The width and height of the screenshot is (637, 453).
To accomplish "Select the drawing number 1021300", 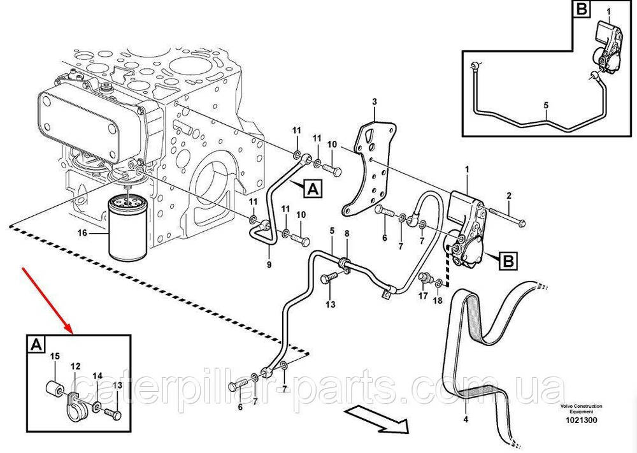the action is point(582,421).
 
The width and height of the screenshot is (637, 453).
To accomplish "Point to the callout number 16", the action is point(82,233).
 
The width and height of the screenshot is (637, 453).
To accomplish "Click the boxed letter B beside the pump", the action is point(508,261).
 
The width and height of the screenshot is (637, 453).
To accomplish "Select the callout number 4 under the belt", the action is point(466,419).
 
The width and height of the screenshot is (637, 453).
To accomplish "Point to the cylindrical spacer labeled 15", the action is point(54,388).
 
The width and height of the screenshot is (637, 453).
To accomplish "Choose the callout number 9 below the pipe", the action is point(269,265).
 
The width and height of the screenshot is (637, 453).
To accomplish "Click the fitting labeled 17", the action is point(425,278).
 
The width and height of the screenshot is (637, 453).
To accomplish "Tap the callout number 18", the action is point(437,301).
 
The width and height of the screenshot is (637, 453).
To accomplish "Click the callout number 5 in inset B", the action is point(546,105).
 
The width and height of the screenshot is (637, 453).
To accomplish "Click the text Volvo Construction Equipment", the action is point(582,408).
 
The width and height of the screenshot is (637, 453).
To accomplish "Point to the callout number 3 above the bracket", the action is point(375,101).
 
